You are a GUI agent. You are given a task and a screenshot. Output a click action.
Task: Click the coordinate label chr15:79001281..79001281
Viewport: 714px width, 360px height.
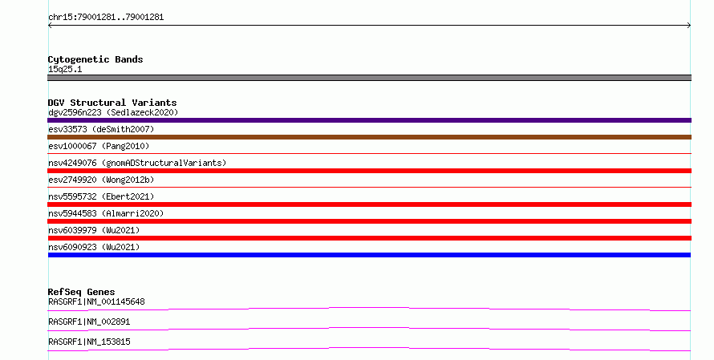click(106, 18)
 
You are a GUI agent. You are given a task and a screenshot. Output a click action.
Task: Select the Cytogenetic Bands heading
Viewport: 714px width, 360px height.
click(95, 59)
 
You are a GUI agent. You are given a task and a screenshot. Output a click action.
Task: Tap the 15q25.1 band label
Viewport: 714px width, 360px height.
click(65, 69)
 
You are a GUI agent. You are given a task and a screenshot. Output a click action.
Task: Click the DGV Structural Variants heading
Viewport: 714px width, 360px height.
click(112, 103)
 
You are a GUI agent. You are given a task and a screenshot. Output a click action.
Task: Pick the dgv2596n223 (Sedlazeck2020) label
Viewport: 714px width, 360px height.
click(113, 112)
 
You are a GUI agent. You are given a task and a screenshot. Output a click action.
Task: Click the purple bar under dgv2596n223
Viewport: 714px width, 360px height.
click(369, 120)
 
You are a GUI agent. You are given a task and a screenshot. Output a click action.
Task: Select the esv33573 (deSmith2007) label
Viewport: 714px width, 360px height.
click(102, 129)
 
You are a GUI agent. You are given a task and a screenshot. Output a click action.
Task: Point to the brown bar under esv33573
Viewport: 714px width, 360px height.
click(369, 137)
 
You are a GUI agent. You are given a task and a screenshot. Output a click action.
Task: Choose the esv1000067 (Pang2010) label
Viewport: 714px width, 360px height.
click(99, 146)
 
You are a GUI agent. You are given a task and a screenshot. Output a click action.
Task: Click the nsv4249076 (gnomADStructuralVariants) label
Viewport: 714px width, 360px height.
click(137, 163)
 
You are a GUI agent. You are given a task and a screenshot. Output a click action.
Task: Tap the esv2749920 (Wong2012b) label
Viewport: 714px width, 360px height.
click(102, 180)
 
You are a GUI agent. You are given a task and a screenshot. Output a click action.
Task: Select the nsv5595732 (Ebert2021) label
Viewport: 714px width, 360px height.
click(102, 196)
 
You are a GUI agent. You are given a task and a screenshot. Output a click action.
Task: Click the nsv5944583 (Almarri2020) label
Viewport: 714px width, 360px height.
click(106, 213)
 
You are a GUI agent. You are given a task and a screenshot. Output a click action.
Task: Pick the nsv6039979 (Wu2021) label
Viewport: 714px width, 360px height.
click(94, 230)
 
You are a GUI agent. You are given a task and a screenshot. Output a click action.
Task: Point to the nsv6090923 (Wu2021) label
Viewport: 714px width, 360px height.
click(94, 247)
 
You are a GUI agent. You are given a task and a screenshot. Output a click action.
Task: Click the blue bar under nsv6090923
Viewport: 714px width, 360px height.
click(369, 255)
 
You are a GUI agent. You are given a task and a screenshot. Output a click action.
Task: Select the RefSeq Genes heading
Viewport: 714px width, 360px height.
click(82, 292)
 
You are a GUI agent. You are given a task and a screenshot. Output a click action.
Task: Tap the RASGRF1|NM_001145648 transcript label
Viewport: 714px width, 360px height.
click(96, 301)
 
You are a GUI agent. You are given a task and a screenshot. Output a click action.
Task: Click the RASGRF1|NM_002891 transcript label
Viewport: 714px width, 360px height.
click(89, 322)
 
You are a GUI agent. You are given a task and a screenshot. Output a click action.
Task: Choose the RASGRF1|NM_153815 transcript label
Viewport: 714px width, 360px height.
click(89, 342)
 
